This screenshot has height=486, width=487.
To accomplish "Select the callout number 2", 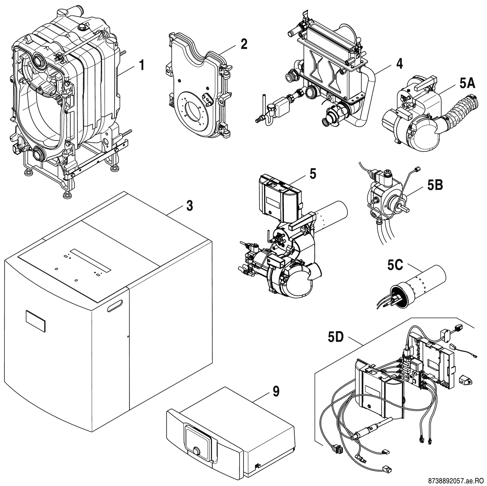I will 244,44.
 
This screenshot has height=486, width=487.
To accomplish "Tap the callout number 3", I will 189,206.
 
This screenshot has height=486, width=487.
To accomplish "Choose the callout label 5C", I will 395,265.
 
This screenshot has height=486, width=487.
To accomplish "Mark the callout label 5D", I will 335,338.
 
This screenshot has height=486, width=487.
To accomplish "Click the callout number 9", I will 276,391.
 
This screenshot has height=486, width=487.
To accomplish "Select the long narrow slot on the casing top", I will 91,260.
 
